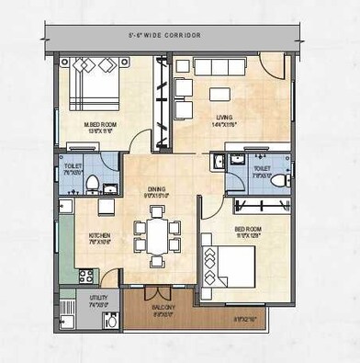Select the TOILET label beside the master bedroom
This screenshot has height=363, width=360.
[73, 168]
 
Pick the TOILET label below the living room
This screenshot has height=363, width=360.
[261, 168]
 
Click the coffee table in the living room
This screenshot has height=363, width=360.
[219, 94]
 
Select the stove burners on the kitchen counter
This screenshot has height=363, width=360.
[86, 275]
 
